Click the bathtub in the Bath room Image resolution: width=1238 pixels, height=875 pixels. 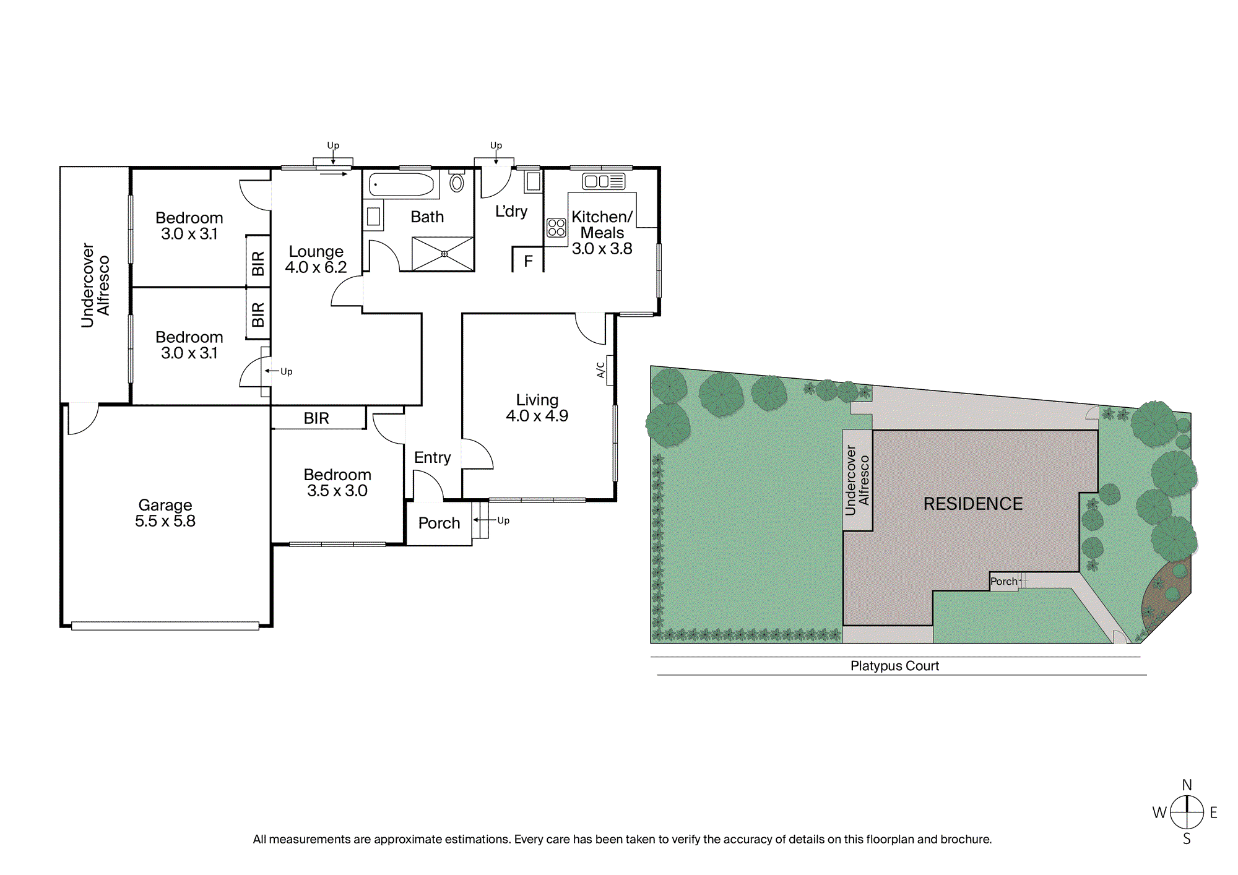tap(402, 184)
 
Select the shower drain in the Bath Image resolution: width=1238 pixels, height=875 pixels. tap(444, 254)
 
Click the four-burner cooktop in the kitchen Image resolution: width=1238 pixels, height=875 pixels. tap(556, 227)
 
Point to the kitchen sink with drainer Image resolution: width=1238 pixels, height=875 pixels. tap(604, 181)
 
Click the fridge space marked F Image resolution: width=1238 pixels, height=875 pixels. tap(528, 261)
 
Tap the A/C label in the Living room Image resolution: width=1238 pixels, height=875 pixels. tap(600, 370)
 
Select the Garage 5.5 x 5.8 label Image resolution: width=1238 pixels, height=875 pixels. tap(165, 513)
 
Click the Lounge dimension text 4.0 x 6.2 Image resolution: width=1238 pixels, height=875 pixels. tap(316, 267)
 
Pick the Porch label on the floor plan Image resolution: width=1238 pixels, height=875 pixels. tap(439, 524)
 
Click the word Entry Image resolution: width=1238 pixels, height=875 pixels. tap(432, 458)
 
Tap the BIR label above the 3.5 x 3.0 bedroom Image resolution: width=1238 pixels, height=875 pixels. tap(316, 418)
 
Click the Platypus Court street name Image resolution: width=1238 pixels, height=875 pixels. tap(894, 666)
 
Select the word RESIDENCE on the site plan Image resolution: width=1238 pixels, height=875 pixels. tap(973, 504)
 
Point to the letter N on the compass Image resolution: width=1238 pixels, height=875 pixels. tap(1187, 785)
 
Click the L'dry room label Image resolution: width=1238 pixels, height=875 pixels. tap(511, 212)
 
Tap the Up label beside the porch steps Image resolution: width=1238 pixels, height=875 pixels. tap(503, 520)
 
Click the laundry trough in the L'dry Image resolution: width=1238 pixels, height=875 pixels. tap(533, 182)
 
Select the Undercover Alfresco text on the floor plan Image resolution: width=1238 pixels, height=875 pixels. tap(95, 285)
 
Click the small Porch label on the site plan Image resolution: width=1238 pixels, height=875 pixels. tap(1003, 582)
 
